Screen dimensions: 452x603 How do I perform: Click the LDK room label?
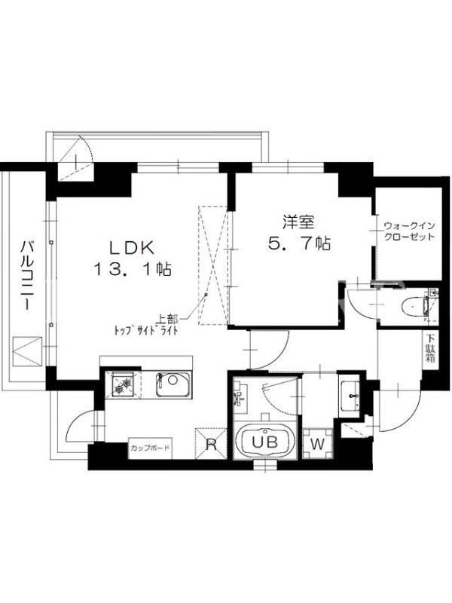pos(133,248)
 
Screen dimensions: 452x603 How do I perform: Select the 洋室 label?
pos(298,222)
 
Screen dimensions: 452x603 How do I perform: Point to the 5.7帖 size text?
pos(299,243)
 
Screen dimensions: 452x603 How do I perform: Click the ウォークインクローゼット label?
pos(409,231)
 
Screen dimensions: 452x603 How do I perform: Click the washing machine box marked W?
pos(317,444)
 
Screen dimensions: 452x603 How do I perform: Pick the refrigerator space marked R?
pos(211,443)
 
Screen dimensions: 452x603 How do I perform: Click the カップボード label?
pos(150,448)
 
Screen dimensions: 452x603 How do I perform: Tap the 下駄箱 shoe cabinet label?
pos(429,349)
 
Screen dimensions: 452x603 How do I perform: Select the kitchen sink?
pos(173,384)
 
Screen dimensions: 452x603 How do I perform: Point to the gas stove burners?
pos(122,384)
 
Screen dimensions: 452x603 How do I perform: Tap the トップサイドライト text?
pos(145,331)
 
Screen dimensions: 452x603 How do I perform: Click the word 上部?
pos(166,319)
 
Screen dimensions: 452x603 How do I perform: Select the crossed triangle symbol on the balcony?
pos(27,351)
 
